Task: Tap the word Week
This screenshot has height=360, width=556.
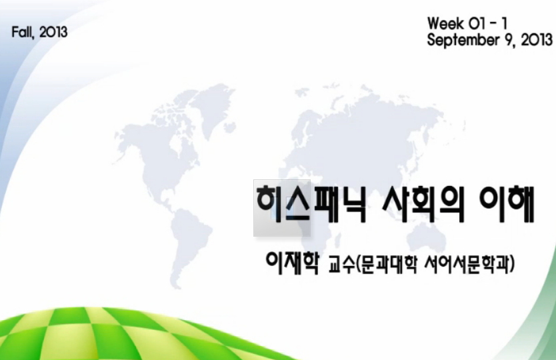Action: tap(447, 24)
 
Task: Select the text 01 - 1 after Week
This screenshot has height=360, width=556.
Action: tap(492, 24)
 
